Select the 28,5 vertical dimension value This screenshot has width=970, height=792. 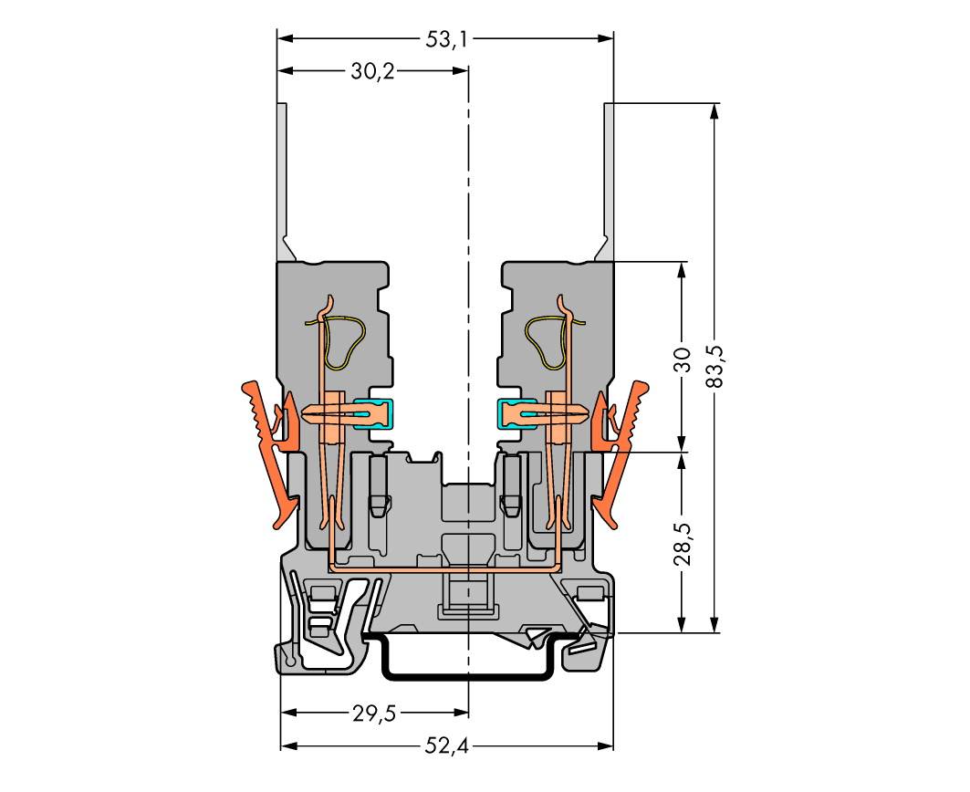[x=682, y=545]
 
